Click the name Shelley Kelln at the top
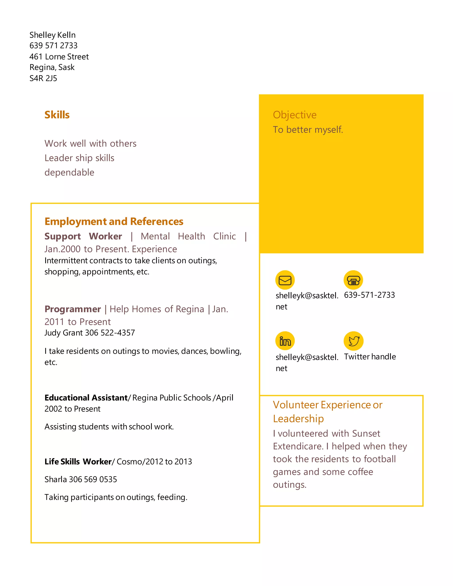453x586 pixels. tap(52, 35)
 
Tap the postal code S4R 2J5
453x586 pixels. tap(43, 78)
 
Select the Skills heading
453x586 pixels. tap(57, 115)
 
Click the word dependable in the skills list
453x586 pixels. tap(69, 172)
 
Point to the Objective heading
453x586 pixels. tap(295, 115)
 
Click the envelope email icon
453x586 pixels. tap(285, 280)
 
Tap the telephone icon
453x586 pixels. tap(353, 280)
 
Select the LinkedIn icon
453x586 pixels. tap(285, 341)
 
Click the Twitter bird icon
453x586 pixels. tap(354, 341)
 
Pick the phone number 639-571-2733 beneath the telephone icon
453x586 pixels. tap(369, 295)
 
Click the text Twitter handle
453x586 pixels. tap(370, 357)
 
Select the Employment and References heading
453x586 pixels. tap(114, 222)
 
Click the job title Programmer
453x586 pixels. tap(73, 309)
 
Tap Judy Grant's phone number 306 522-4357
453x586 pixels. tap(110, 333)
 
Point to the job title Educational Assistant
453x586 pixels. tap(86, 398)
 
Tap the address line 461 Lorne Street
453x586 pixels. tap(59, 57)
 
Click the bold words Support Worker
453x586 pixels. tap(83, 236)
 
